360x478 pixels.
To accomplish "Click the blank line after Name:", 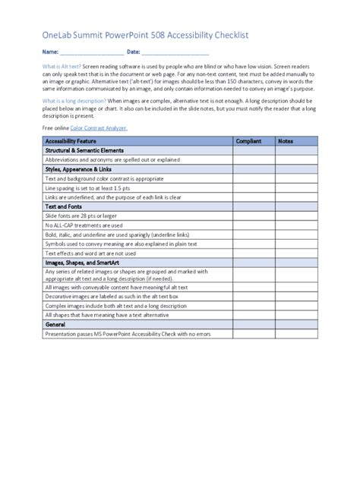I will tap(91, 52).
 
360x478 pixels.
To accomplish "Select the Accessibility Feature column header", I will tap(71, 141).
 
